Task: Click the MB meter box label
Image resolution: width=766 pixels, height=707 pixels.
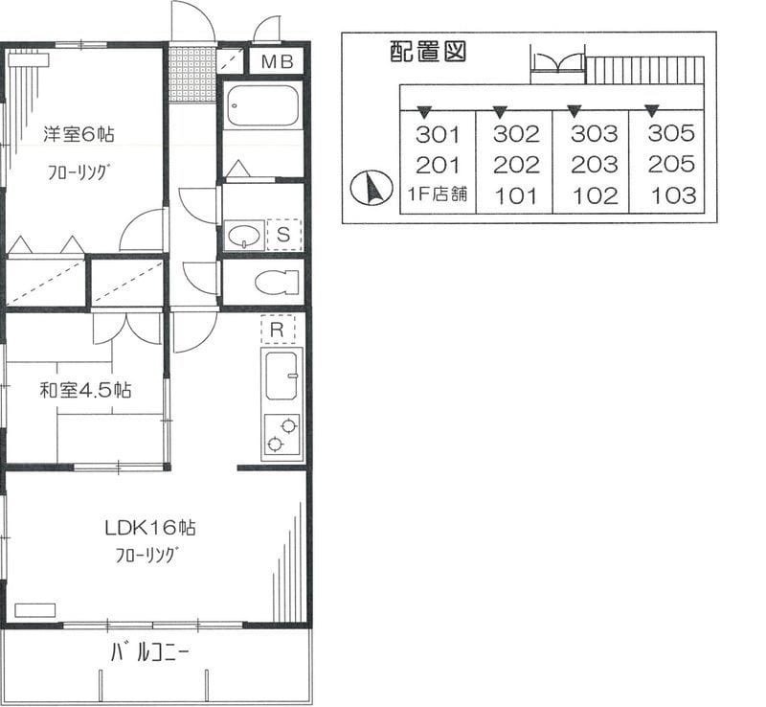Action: pos(277,61)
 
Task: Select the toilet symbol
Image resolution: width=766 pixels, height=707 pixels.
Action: pos(277,282)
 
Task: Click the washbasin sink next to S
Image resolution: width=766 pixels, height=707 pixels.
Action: pos(244,235)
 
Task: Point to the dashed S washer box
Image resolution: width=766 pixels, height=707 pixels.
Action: pos(283,235)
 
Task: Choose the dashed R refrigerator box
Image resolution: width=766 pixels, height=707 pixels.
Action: pos(278,329)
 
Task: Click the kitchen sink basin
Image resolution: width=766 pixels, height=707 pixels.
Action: pos(282,376)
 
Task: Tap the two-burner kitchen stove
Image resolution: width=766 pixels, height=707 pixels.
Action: pos(282,435)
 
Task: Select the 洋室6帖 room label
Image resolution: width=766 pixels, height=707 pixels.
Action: pos(79,133)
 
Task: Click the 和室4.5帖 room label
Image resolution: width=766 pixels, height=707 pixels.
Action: pos(85,390)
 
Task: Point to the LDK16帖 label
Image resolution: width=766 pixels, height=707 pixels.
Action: pos(150,528)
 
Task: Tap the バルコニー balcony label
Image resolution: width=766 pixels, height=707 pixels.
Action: pos(149,652)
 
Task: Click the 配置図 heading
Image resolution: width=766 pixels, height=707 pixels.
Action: pos(427,52)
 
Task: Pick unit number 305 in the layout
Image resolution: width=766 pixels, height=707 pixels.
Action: pos(671,133)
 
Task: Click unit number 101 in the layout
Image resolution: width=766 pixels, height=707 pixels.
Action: pos(516,196)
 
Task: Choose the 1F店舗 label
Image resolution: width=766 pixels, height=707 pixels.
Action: pos(438,194)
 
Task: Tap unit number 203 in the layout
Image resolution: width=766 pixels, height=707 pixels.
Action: pos(594,165)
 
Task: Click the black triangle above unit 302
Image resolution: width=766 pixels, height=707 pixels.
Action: pos(500,112)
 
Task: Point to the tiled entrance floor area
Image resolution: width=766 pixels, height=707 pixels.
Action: pos(192,75)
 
